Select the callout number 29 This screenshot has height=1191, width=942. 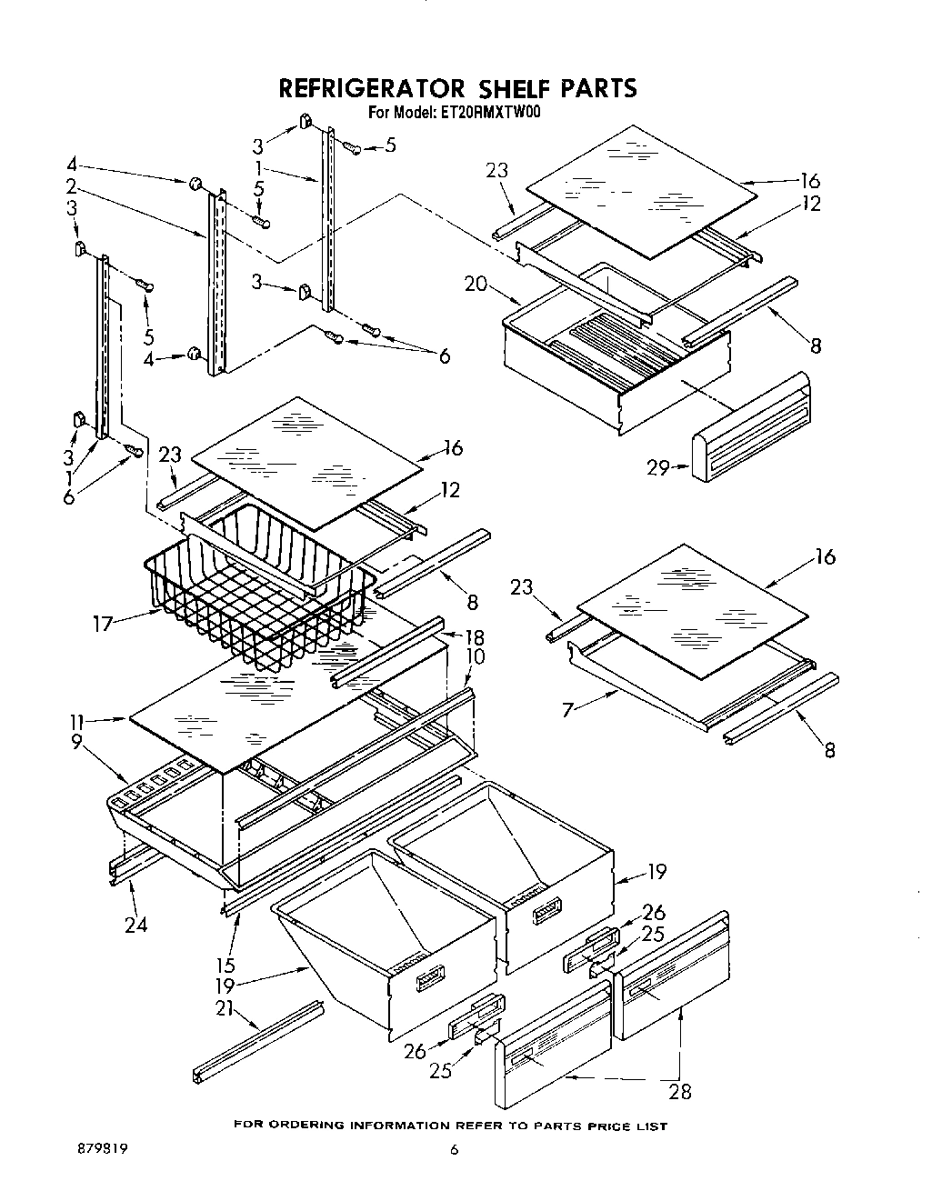click(658, 468)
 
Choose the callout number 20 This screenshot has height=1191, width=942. click(476, 283)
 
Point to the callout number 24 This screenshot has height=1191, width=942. click(135, 926)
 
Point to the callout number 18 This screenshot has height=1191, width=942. click(474, 636)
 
